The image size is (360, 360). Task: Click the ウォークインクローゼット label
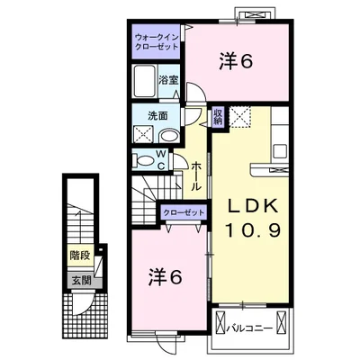click(157, 42)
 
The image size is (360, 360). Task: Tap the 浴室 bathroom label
click(168, 80)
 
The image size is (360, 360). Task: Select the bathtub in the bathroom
click(144, 81)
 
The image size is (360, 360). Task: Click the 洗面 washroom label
click(157, 116)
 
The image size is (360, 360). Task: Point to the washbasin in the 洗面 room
click(168, 136)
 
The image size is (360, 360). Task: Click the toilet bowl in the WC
click(144, 160)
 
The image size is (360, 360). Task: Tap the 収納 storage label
click(218, 117)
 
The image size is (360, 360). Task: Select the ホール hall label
click(196, 175)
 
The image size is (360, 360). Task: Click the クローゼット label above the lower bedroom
click(184, 212)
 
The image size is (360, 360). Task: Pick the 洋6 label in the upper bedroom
click(236, 61)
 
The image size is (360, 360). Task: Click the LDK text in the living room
click(252, 207)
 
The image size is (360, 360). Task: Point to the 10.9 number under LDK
click(253, 231)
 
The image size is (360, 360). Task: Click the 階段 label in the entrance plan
click(80, 256)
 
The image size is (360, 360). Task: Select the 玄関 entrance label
click(82, 281)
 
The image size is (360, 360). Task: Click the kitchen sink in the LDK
click(281, 151)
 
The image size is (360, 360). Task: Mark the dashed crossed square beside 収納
click(240, 117)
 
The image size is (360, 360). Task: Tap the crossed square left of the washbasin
click(143, 134)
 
